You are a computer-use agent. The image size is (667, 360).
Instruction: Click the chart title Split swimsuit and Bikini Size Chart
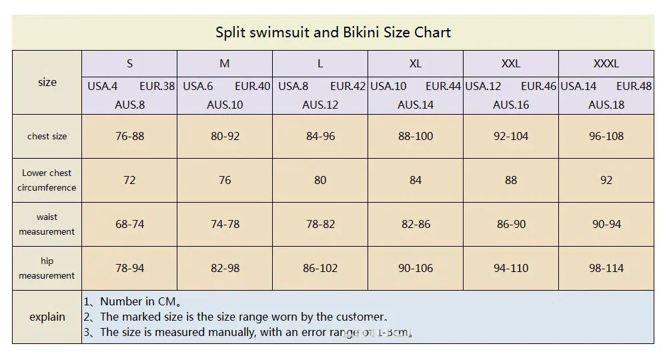tap(333, 32)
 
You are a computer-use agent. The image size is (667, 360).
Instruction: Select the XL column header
tap(416, 64)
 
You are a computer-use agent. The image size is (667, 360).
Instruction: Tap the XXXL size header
tap(606, 64)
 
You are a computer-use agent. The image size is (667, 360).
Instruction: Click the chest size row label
tap(47, 136)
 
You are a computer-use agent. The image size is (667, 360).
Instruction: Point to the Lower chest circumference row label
tap(47, 180)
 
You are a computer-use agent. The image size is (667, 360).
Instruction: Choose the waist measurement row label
tap(47, 224)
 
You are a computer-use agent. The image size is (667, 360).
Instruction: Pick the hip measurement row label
tap(47, 268)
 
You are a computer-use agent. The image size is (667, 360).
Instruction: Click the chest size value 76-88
tap(129, 136)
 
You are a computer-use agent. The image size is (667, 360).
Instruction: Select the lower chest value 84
tap(416, 180)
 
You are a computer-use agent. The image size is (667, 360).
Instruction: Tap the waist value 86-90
tap(511, 224)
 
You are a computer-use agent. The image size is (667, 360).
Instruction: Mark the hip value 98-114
tap(606, 268)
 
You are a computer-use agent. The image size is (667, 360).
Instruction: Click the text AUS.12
tap(320, 105)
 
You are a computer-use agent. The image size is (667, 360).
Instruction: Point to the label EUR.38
tap(157, 86)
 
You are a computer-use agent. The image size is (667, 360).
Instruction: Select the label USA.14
tap(578, 86)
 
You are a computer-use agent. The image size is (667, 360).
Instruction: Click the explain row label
tap(47, 317)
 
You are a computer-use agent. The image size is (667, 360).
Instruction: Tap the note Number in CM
tap(133, 301)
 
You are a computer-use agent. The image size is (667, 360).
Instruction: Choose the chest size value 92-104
tap(511, 136)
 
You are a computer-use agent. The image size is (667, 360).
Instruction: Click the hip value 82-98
tap(225, 268)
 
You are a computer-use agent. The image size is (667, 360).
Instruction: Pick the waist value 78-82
tap(320, 224)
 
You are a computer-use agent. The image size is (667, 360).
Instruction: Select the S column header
tap(129, 64)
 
